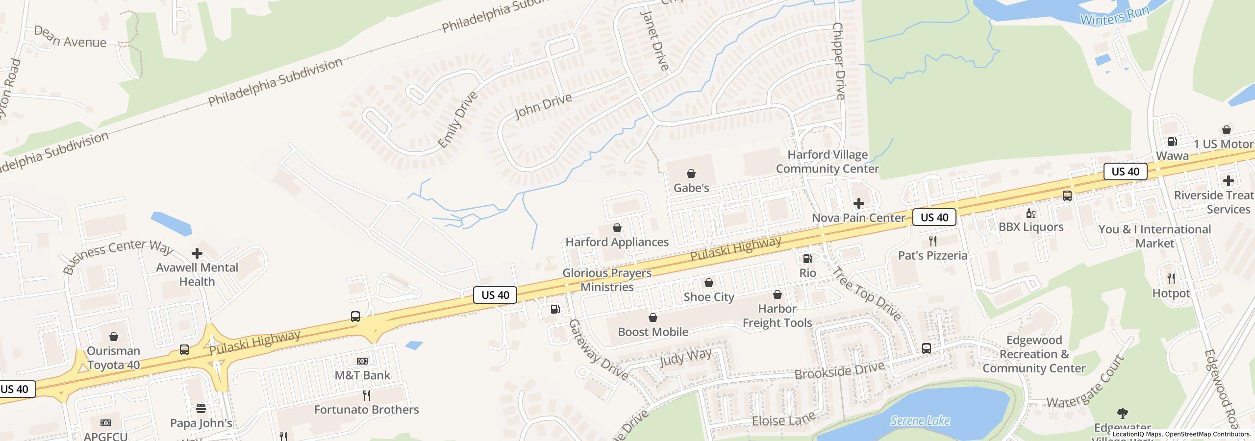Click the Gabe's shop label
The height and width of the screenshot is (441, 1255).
click(x=691, y=188)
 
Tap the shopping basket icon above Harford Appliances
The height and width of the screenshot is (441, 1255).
click(x=617, y=228)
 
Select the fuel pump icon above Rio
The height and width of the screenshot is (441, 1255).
click(x=807, y=259)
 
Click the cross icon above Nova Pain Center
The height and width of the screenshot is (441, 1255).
click(x=858, y=203)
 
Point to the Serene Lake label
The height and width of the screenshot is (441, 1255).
click(x=920, y=421)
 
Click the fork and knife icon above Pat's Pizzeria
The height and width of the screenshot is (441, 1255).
click(x=932, y=241)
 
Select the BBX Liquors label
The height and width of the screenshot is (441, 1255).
click(x=1031, y=227)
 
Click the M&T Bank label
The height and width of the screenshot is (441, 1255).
click(x=362, y=375)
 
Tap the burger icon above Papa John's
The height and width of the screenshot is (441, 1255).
click(x=201, y=409)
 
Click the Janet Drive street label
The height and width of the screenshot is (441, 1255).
click(x=655, y=40)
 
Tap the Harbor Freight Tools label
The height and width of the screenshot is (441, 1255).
click(x=777, y=316)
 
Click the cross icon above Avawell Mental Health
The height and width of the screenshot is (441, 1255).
click(x=197, y=253)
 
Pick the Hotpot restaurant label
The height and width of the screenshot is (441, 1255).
click(x=1171, y=294)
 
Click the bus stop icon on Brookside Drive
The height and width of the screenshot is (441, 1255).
click(x=926, y=348)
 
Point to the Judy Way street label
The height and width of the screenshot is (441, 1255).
click(x=685, y=358)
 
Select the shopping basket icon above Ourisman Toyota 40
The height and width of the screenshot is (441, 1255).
click(x=113, y=337)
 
